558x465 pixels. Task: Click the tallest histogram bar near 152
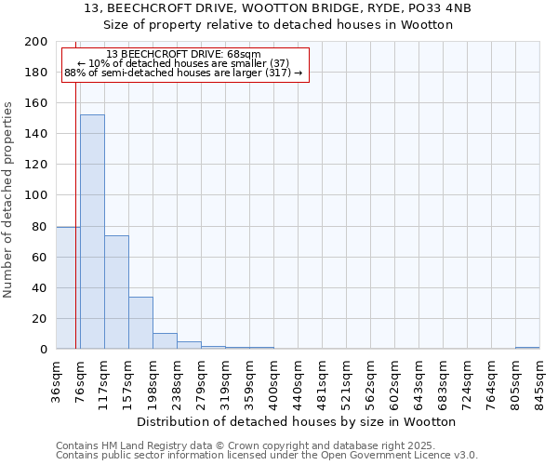(92, 232)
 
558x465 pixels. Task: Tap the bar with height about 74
(116, 292)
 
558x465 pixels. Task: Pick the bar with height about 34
(140, 323)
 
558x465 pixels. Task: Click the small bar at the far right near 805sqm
(527, 348)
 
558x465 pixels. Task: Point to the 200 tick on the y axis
(36, 42)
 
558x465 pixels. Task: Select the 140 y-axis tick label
(36, 134)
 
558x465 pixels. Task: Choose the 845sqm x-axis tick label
(540, 381)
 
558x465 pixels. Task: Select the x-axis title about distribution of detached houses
(302, 421)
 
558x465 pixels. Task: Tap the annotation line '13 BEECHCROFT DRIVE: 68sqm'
(183, 55)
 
